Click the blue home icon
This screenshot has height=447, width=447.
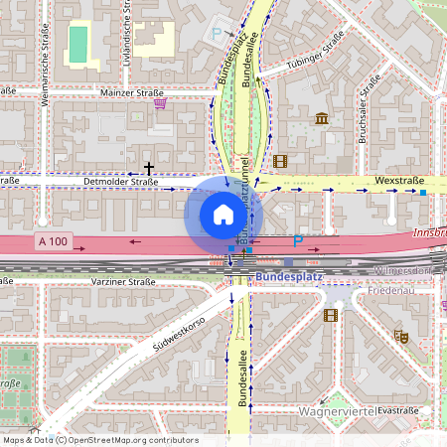point(223,214)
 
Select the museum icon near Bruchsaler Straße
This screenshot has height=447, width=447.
point(322,119)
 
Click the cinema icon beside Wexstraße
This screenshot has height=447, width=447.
point(280,161)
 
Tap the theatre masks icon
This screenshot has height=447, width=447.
point(402,337)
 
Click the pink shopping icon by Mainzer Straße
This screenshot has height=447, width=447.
point(160,102)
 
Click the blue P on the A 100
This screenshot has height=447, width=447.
point(297,241)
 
